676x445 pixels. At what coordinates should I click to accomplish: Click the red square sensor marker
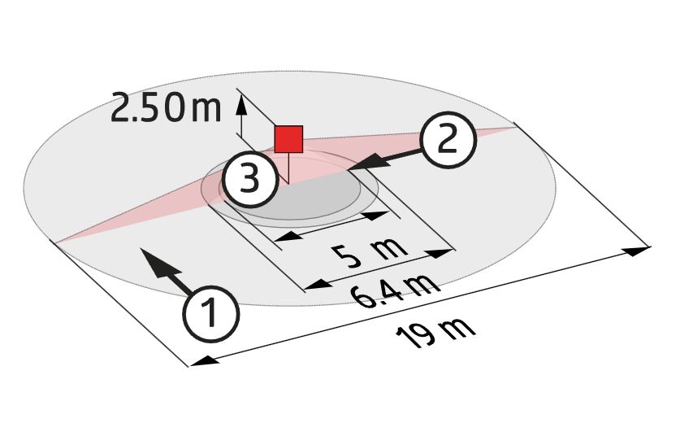[x=289, y=139]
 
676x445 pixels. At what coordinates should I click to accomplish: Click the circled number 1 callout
[x=210, y=313]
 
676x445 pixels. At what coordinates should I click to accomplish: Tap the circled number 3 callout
[x=249, y=178]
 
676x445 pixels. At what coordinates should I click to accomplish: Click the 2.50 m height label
[x=166, y=107]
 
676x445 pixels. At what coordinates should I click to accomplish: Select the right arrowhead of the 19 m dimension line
[x=637, y=251]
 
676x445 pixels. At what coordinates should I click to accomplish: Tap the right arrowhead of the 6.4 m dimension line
[x=440, y=253]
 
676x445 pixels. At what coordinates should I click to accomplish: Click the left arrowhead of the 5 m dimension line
[x=288, y=237]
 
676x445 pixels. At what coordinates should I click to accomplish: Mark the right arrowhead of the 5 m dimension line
[x=376, y=215]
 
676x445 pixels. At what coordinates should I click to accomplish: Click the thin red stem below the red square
[x=288, y=168]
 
